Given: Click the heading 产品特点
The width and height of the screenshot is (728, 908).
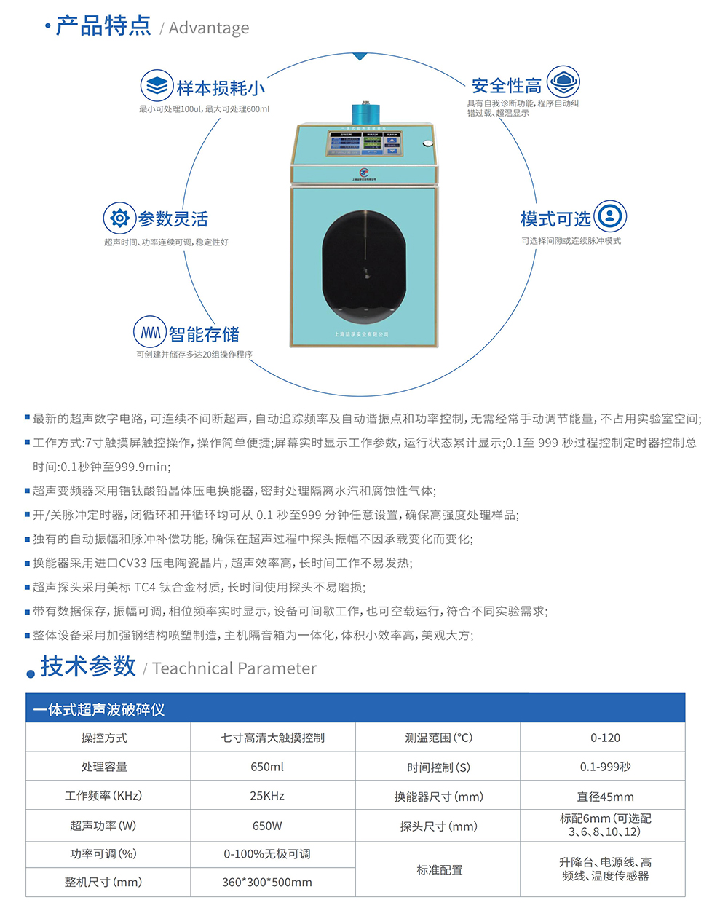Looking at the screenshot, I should point(103,25).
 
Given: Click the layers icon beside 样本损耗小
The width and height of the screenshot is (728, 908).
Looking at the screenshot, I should point(157,86).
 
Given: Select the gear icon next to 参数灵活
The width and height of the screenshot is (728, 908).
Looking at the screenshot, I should point(119,218).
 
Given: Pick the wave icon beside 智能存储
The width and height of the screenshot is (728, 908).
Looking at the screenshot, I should point(150,332).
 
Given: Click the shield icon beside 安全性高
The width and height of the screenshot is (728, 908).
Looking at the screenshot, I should point(563,82).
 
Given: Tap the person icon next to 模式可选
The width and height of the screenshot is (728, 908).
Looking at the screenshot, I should point(610,216).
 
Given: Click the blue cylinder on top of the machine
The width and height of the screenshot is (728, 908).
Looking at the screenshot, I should point(366,112).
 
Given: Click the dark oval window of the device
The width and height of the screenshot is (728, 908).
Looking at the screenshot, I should point(364,267).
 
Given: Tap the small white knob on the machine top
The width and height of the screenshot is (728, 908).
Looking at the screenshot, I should point(427,142).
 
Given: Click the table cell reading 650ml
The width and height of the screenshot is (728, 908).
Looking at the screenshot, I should point(267,767).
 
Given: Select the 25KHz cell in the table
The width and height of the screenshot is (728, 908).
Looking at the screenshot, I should point(267,796).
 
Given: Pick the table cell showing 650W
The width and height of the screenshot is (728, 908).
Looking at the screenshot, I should point(267,826).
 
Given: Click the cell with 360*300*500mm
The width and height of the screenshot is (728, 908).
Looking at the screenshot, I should point(267,882).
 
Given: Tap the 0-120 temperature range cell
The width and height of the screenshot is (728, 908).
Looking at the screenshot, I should point(605,738).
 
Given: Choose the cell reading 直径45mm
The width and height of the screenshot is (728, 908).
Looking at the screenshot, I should point(605,797).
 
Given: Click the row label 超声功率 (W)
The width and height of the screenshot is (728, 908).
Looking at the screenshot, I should point(103,826).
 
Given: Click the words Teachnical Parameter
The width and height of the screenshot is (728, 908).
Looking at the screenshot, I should point(234,668).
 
